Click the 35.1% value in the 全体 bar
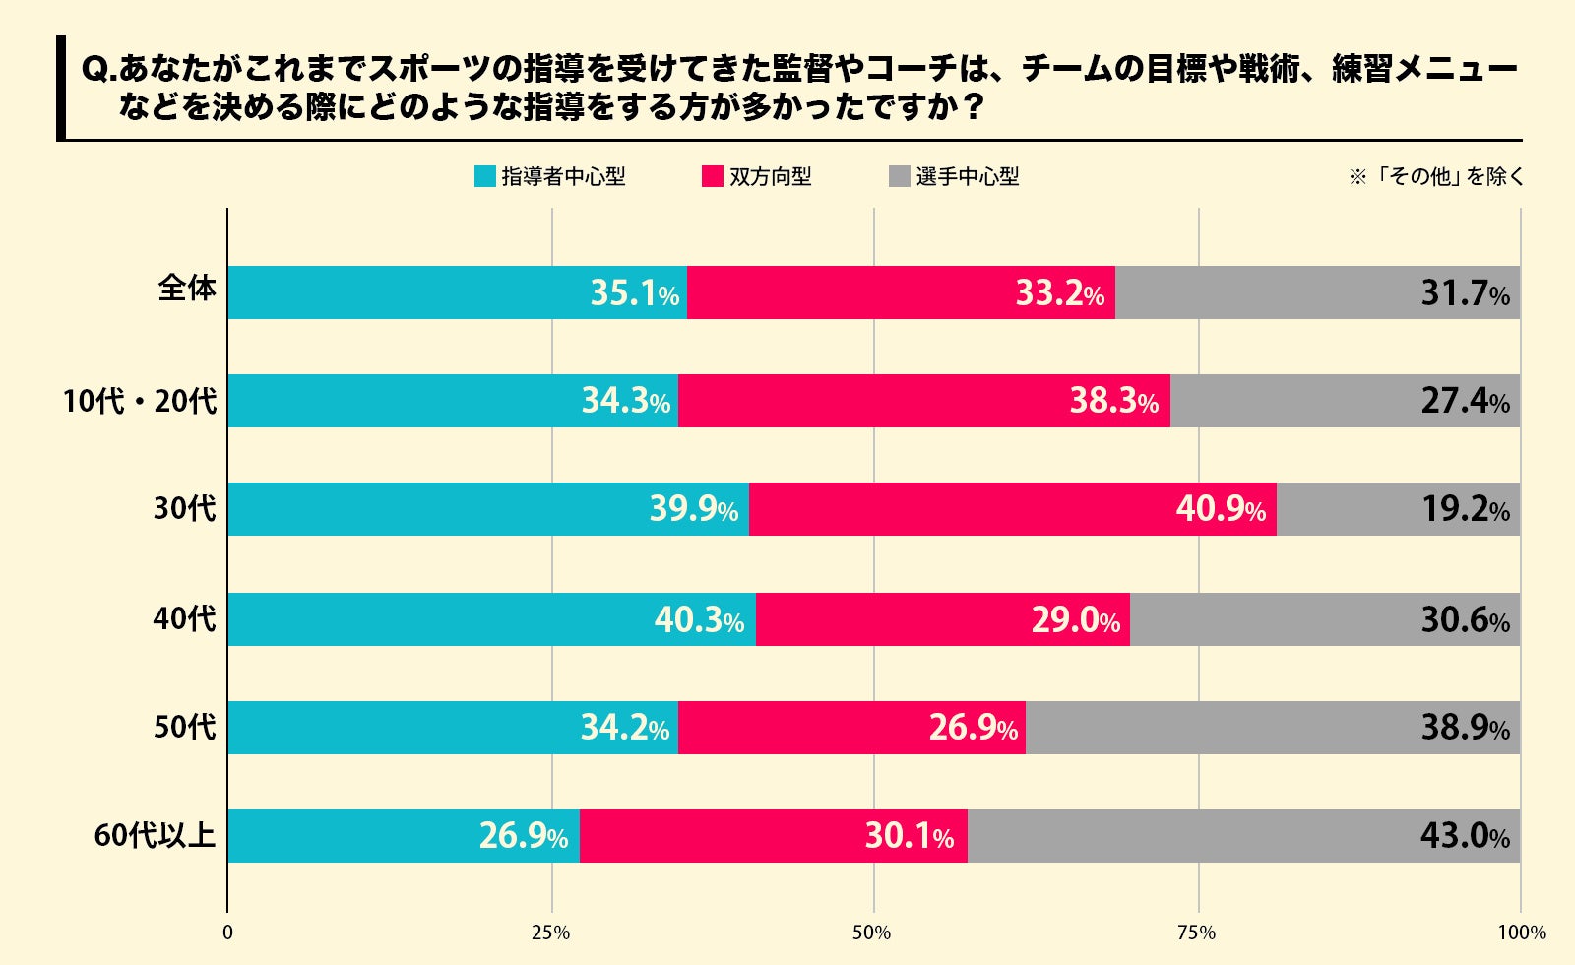click(x=634, y=293)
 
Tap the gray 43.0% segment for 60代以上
click(x=1243, y=836)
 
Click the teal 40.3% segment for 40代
click(x=491, y=619)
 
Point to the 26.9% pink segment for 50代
click(x=851, y=728)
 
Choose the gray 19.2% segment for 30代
click(x=1398, y=509)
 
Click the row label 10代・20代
click(x=139, y=402)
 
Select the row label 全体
click(x=187, y=289)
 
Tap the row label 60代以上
click(x=155, y=836)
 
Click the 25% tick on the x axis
click(x=551, y=933)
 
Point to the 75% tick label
click(x=1197, y=933)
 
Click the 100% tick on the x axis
click(x=1521, y=933)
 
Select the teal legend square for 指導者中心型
click(x=485, y=177)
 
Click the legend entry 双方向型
click(x=770, y=177)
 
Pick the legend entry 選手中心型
click(x=967, y=177)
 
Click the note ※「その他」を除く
click(x=1435, y=177)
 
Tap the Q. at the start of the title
click(x=99, y=70)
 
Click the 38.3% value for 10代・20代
click(x=1113, y=401)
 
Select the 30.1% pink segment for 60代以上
click(x=773, y=836)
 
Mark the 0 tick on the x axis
click(x=228, y=933)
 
